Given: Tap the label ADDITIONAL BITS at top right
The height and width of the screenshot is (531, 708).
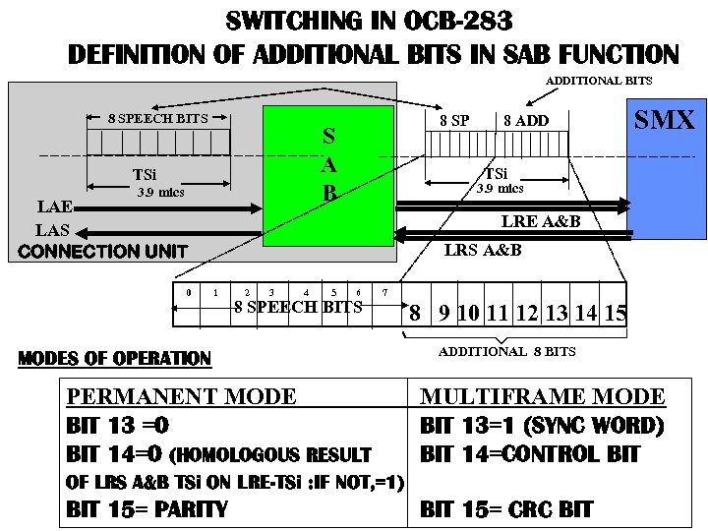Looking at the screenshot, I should click(599, 81).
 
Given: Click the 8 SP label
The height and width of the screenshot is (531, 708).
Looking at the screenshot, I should click(453, 121).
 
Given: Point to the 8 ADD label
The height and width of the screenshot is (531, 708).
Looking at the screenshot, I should click(526, 121).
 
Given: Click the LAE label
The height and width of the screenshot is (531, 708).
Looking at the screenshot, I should click(54, 207).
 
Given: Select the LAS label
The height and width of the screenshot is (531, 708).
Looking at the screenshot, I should click(53, 230).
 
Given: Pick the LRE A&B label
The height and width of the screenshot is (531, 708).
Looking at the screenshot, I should click(541, 221).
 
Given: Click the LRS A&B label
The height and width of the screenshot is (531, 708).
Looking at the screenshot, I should click(483, 250).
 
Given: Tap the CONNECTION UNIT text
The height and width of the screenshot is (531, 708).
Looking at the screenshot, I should click(102, 252).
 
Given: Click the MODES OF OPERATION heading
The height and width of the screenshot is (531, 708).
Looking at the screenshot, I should click(115, 358).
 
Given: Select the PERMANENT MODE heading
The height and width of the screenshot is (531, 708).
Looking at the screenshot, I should click(181, 397).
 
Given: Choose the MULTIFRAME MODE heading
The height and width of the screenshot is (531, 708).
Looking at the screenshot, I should click(543, 397).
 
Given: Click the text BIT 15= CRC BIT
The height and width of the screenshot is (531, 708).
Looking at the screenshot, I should click(506, 509).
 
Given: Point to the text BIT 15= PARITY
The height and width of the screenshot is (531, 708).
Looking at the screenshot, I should click(147, 509).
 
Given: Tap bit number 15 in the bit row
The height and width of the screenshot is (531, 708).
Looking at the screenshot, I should click(616, 314).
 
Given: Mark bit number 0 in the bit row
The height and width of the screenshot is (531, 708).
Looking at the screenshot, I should click(188, 292).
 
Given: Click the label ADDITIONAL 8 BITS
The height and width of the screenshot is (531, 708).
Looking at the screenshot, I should click(506, 351).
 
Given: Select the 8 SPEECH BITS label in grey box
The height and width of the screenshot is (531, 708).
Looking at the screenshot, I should click(157, 118).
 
